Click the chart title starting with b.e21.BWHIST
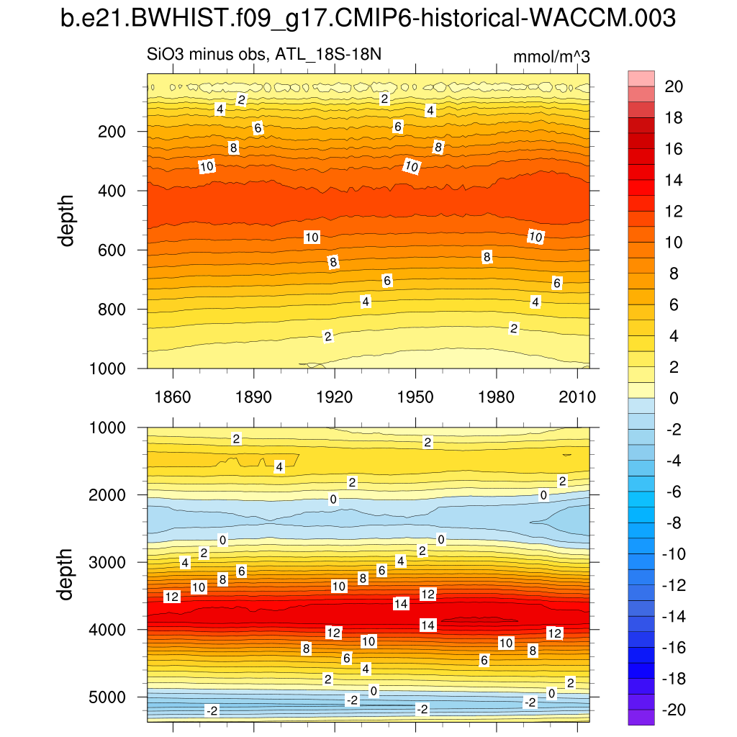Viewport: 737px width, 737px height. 368,19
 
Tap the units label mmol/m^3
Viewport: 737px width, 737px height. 551,58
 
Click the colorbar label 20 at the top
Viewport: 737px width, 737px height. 674,86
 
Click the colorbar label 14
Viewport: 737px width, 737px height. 674,180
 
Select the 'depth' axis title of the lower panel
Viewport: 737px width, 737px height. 68,574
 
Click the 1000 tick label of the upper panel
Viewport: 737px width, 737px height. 112,368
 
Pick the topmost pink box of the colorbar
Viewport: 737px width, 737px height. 641,78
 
